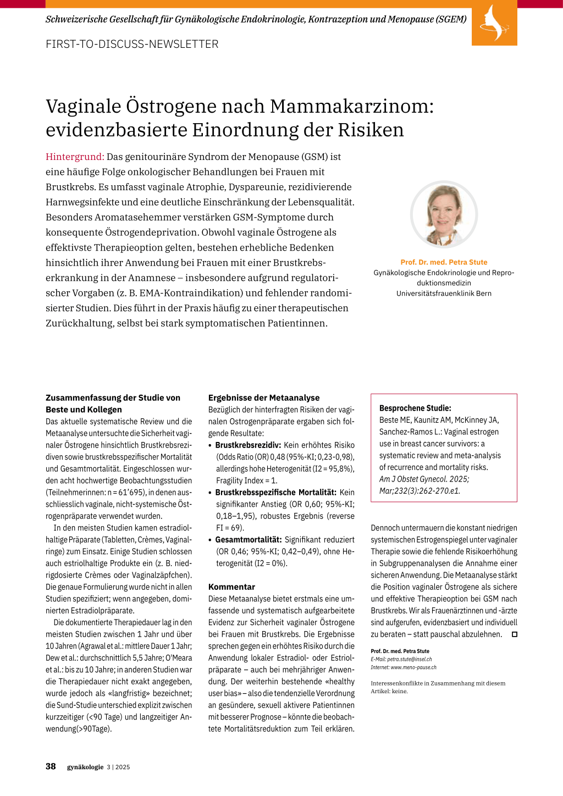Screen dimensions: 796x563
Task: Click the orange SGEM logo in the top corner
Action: click(x=494, y=23)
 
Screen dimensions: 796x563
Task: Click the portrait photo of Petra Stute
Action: click(x=444, y=214)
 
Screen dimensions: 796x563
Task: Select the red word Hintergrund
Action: click(x=75, y=157)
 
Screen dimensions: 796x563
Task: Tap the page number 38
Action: click(x=51, y=766)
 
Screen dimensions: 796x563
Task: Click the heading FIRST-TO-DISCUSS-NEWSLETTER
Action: click(x=132, y=44)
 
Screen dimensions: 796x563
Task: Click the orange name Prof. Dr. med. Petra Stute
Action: click(x=444, y=262)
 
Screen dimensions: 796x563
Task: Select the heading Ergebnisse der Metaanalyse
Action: click(x=264, y=397)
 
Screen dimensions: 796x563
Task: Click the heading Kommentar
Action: click(x=231, y=587)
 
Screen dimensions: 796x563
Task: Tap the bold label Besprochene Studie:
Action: click(x=415, y=408)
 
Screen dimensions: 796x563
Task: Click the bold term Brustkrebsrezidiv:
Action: click(x=248, y=445)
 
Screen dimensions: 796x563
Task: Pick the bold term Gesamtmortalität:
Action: click(x=249, y=539)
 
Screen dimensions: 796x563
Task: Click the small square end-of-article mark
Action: click(x=515, y=634)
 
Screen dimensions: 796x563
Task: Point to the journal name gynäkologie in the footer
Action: click(x=85, y=767)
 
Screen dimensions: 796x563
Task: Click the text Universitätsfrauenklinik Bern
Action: click(x=444, y=294)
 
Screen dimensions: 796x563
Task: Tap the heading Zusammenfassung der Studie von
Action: click(x=113, y=397)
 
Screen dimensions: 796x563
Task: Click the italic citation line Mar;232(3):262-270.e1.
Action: click(x=420, y=491)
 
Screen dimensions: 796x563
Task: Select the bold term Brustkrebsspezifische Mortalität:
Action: click(x=275, y=492)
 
